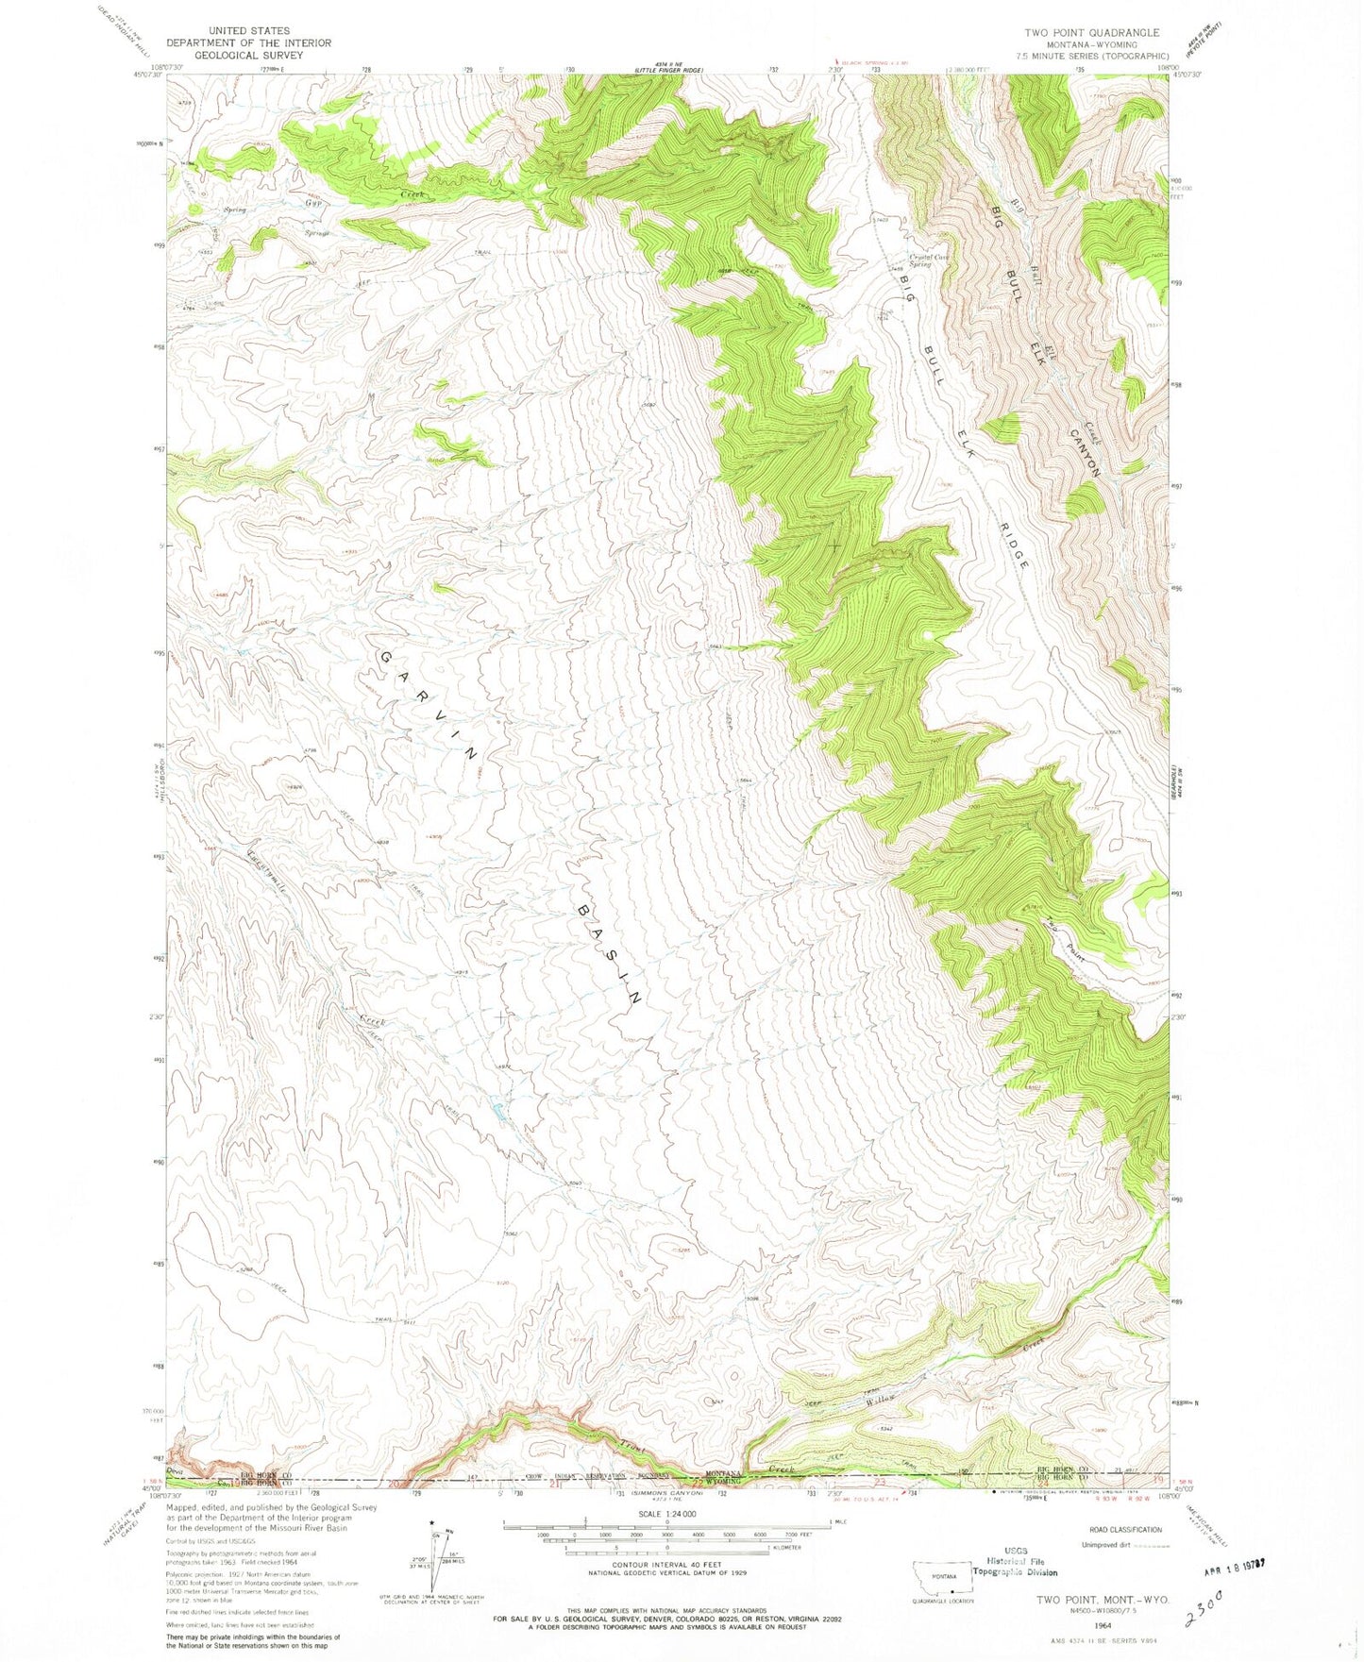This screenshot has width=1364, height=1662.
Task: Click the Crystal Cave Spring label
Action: [x=929, y=260]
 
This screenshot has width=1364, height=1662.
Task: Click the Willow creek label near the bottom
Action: [x=888, y=1402]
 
